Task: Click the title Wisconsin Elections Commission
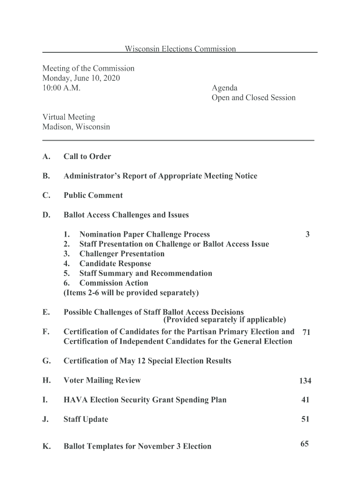pos(180,49)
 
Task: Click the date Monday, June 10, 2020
pos(81,78)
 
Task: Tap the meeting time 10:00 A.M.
pos(61,88)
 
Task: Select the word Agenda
pos(224,88)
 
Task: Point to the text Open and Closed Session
pos(253,98)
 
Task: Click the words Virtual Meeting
pos(69,117)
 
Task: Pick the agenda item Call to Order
pos(87,157)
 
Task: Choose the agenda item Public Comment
pos(93,196)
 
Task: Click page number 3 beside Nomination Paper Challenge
pos(307,234)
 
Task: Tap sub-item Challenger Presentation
pos(122,254)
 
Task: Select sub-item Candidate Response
pos(115,264)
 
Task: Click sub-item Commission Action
pos(114,283)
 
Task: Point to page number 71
pos(306,333)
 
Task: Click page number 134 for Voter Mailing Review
pos(305,381)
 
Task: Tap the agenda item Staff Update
pos(86,420)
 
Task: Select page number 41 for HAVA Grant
pos(305,400)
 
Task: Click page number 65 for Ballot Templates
pos(304,444)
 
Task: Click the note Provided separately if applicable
pos(224,320)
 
